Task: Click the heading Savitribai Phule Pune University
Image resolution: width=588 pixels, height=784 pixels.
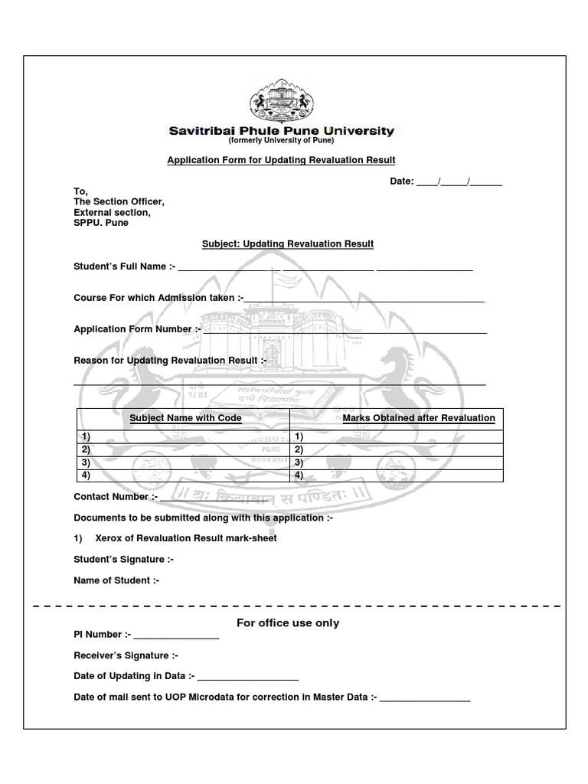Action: [x=281, y=131]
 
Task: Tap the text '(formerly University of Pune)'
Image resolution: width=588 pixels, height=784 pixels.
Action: [x=281, y=141]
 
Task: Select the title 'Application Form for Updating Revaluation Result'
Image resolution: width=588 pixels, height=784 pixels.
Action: [x=281, y=160]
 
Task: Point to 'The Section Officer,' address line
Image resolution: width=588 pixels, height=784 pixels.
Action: [x=119, y=201]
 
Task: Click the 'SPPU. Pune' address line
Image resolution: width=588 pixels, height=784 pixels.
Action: [x=101, y=223]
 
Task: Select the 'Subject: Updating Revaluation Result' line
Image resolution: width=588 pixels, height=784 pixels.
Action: [x=287, y=244]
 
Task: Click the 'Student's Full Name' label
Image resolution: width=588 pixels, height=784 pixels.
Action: [x=124, y=266]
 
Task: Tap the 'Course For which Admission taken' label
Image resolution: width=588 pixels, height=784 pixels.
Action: [x=158, y=298]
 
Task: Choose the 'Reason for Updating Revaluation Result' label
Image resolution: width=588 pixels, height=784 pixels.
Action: [x=169, y=361]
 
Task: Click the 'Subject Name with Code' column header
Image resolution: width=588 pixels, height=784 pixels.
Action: [x=185, y=418]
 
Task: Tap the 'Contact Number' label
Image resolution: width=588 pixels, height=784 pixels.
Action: [x=115, y=497]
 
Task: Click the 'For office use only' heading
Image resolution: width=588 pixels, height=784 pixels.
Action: [x=287, y=623]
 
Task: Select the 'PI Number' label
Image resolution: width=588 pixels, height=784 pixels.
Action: [x=102, y=635]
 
